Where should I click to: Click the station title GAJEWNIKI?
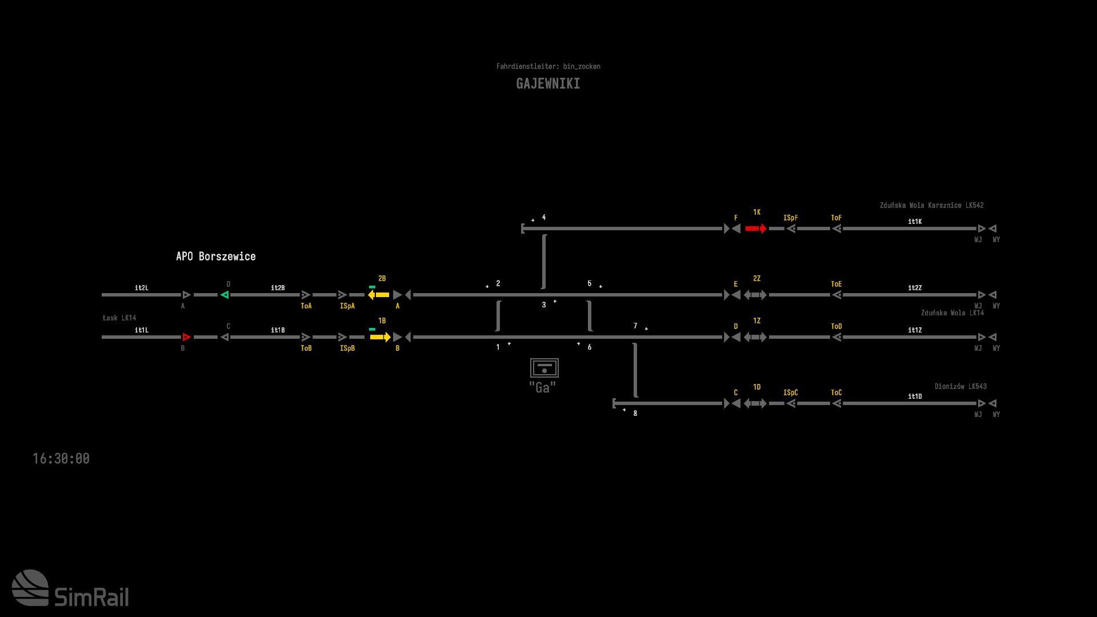548,84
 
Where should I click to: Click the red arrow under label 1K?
756,229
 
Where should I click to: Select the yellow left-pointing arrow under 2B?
379,295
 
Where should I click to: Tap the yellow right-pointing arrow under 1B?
380,337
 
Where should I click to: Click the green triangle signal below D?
225,295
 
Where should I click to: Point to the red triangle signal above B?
186,337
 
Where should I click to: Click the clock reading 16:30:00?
61,459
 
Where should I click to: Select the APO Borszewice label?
216,257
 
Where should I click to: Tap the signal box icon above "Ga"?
544,368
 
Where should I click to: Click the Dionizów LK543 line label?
960,386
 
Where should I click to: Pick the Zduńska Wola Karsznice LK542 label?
932,205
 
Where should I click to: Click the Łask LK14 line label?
119,318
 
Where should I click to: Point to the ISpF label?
791,218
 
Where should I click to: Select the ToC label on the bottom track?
836,392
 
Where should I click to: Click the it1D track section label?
915,396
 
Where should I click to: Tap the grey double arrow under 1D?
755,403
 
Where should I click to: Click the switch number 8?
635,413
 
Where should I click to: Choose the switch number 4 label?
544,218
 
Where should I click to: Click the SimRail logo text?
91,598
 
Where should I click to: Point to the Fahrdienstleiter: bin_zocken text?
548,66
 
